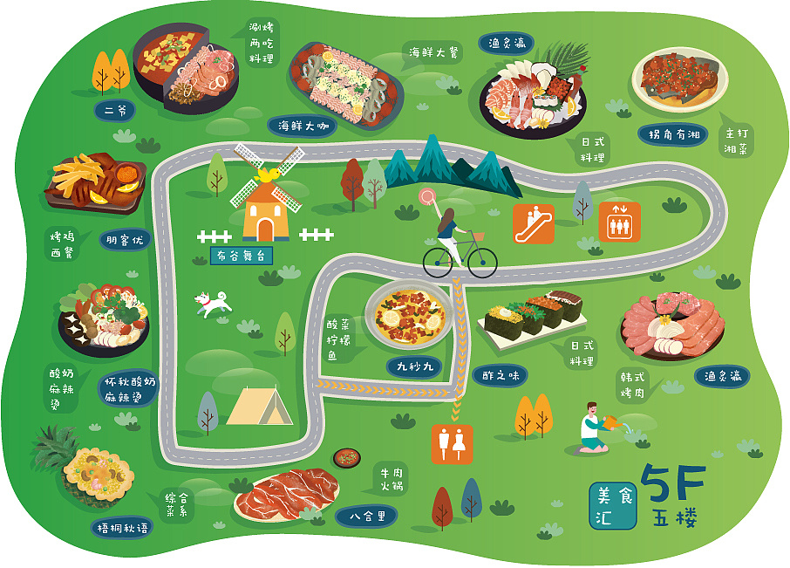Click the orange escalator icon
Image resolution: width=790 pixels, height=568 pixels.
[x=533, y=224]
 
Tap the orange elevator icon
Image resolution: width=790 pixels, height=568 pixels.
[x=619, y=222]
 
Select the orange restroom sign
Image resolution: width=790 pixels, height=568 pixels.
[x=452, y=443]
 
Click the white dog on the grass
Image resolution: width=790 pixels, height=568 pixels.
[x=211, y=303]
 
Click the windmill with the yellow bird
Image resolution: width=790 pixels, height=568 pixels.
[x=266, y=202]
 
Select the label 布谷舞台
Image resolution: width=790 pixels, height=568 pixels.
[x=241, y=256]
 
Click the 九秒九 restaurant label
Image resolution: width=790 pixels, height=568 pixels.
[x=415, y=366]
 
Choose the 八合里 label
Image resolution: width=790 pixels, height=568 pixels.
[x=367, y=516]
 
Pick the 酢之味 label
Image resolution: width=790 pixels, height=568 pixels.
[x=500, y=375]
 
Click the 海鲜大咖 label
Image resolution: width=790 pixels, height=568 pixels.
[x=302, y=126]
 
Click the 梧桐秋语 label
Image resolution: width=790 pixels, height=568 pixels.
[x=121, y=527]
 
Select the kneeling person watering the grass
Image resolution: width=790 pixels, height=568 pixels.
[x=593, y=430]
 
